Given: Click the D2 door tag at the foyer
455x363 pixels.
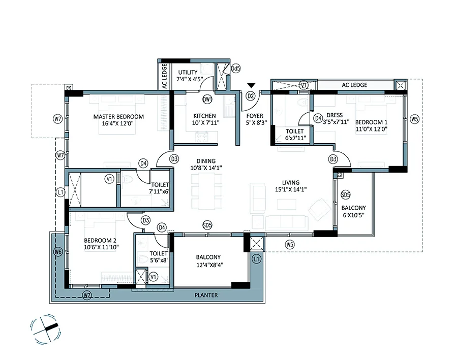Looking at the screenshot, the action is [251, 96].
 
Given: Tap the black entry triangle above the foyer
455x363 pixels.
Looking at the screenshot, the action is [251, 85].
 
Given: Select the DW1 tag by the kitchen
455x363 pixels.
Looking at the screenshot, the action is [207, 100].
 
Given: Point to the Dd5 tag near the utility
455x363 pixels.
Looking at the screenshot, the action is [235, 69].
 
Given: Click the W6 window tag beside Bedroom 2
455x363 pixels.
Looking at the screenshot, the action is [58, 252].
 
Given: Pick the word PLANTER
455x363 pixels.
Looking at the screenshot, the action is [206, 295].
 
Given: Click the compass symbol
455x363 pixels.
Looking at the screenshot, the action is [46, 329].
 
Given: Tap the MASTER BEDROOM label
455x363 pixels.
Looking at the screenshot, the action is [118, 117].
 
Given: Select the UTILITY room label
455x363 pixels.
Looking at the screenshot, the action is [188, 72].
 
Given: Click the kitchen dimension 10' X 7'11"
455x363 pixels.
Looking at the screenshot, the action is [205, 123].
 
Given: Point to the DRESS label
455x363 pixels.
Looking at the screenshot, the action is [335, 115].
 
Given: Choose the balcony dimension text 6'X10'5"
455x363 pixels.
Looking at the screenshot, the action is [353, 215].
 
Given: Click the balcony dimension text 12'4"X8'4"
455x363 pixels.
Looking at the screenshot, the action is [209, 265].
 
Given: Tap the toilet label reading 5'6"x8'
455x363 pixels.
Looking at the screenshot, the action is [159, 260].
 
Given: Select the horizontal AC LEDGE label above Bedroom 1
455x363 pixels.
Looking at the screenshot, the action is [354, 85].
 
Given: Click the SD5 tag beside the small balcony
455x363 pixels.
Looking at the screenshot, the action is [345, 194].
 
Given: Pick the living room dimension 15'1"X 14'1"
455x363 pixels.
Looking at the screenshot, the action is [290, 189].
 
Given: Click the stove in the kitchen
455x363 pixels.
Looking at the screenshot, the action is [202, 137].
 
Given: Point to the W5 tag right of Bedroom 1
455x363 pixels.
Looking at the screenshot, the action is [414, 119].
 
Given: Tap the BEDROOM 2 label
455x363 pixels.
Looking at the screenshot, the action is [100, 241].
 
